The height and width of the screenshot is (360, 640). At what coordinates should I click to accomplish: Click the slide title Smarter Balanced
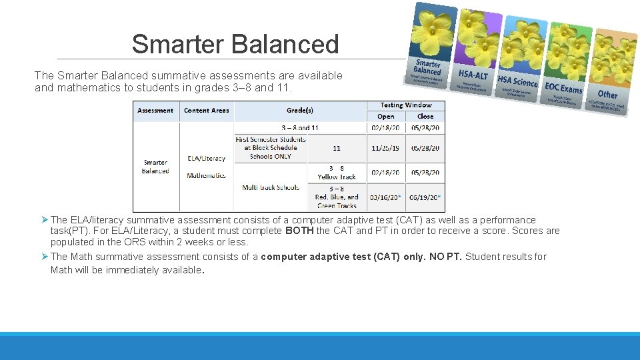pyautogui.click(x=235, y=44)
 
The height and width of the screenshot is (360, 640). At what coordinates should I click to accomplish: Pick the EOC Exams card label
pyautogui.click(x=563, y=88)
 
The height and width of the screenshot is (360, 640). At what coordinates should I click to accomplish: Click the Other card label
pyautogui.click(x=607, y=95)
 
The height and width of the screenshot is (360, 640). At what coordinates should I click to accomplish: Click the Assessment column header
pyautogui.click(x=155, y=111)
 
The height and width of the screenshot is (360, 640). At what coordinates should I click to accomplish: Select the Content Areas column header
pyautogui.click(x=206, y=111)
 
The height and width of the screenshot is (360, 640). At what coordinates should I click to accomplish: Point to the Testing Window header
pyautogui.click(x=406, y=105)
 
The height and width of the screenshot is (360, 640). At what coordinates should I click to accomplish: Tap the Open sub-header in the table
pyautogui.click(x=386, y=116)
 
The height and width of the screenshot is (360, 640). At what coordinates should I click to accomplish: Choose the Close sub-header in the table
pyautogui.click(x=425, y=116)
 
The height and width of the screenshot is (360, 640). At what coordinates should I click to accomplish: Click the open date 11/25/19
pyautogui.click(x=386, y=149)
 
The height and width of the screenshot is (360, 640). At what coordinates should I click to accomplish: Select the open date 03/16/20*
pyautogui.click(x=386, y=197)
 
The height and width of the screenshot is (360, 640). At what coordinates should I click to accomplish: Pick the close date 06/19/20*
pyautogui.click(x=425, y=197)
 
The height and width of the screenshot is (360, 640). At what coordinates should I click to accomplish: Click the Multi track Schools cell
pyautogui.click(x=271, y=187)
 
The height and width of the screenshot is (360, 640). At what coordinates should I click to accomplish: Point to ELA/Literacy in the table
pyautogui.click(x=206, y=159)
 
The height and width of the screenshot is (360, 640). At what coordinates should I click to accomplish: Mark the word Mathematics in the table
pyautogui.click(x=206, y=176)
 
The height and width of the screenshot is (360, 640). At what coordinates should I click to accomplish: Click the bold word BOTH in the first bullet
pyautogui.click(x=299, y=231)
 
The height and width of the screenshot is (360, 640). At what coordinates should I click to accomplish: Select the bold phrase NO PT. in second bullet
pyautogui.click(x=445, y=257)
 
